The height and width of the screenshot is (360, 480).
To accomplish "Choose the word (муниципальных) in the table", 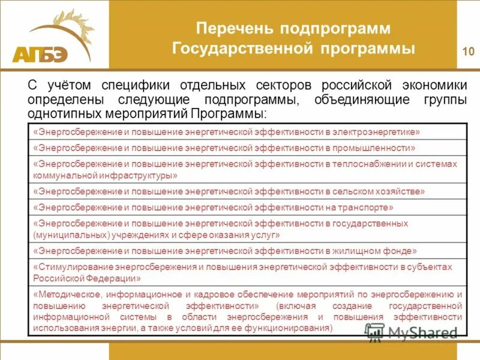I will coord(68,235).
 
